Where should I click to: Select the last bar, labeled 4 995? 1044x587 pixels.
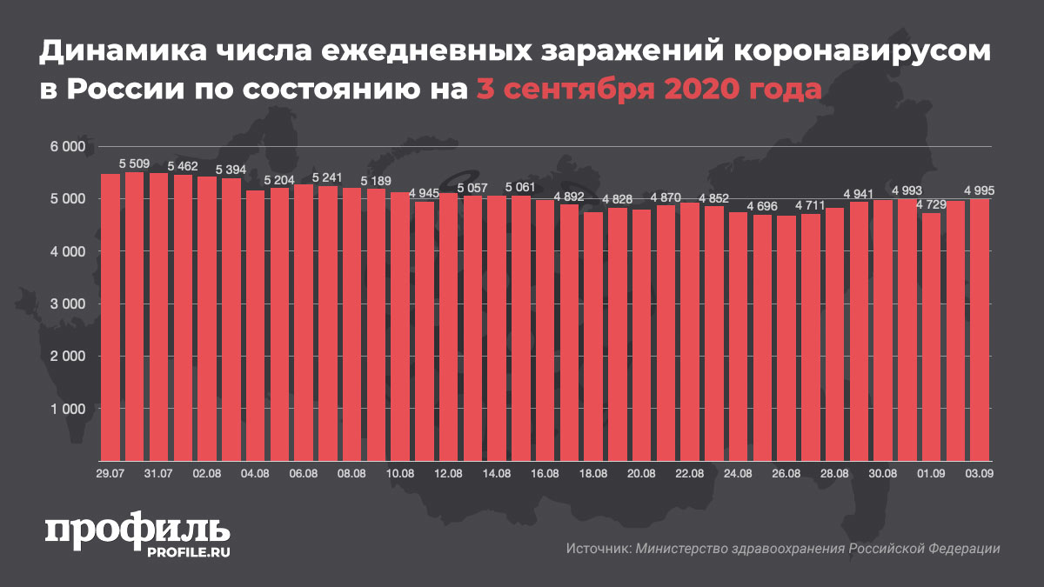click(x=980, y=330)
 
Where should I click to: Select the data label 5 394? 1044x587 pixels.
click(x=231, y=169)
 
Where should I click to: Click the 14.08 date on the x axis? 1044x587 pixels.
click(x=496, y=473)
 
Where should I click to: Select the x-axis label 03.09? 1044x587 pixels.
click(x=980, y=473)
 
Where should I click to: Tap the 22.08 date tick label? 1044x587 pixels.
click(x=689, y=473)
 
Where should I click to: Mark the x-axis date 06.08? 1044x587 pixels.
click(x=303, y=473)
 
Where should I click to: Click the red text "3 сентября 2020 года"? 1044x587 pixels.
click(x=648, y=89)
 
